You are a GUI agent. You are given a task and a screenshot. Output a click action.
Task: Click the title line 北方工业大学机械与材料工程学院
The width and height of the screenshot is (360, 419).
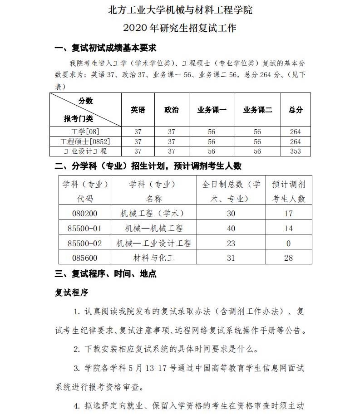pyautogui.click(x=180, y=10)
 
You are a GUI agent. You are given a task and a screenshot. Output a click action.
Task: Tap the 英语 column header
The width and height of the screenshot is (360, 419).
pyautogui.click(x=138, y=110)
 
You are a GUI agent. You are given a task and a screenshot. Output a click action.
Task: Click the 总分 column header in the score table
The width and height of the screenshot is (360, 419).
pyautogui.click(x=296, y=110)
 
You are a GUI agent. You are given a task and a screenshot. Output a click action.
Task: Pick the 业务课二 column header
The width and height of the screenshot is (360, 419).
pyautogui.click(x=257, y=110)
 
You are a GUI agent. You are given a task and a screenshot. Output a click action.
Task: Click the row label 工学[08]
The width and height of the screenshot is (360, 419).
pyautogui.click(x=85, y=132)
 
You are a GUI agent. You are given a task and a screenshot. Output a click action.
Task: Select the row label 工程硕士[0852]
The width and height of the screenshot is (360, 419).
pyautogui.click(x=85, y=141)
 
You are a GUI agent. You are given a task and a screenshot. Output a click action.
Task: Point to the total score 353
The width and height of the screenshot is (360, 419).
pyautogui.click(x=296, y=151)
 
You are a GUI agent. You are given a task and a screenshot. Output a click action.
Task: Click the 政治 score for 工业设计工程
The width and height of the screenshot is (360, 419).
pyautogui.click(x=171, y=151)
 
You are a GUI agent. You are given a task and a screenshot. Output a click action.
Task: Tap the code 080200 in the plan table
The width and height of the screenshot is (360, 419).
pyautogui.click(x=85, y=214)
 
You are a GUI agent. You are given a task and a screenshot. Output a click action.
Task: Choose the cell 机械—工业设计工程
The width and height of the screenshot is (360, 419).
pyautogui.click(x=154, y=244)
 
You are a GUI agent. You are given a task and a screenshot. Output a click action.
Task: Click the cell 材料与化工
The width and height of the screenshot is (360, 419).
pyautogui.click(x=154, y=258)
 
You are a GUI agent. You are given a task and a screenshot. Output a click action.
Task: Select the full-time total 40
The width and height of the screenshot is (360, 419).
pyautogui.click(x=231, y=229)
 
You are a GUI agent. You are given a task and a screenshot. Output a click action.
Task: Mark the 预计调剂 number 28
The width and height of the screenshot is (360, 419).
pyautogui.click(x=289, y=258)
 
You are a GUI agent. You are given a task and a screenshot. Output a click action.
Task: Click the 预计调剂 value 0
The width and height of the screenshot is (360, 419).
pyautogui.click(x=289, y=244)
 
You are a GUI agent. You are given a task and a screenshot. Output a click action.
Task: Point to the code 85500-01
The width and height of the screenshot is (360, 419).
pyautogui.click(x=85, y=229)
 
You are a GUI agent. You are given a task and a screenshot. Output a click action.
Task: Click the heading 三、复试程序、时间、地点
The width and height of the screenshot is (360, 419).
pyautogui.click(x=105, y=274)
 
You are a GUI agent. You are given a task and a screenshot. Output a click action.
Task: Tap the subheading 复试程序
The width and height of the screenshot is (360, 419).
pyautogui.click(x=71, y=292)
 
